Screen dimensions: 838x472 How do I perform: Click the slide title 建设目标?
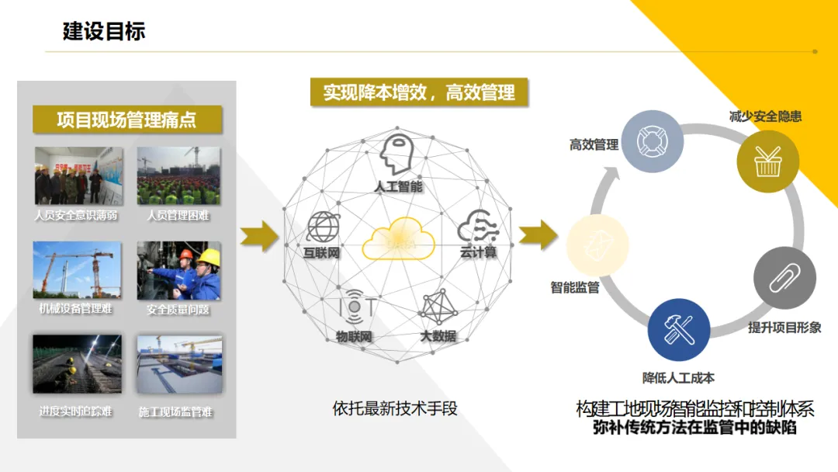click(104, 32)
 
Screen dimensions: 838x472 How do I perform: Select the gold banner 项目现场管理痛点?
click(126, 120)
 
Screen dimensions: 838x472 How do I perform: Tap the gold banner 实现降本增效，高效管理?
click(419, 92)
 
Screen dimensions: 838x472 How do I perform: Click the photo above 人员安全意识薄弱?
click(68, 175)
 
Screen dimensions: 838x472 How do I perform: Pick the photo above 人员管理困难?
click(178, 175)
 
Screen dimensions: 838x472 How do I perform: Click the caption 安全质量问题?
click(178, 310)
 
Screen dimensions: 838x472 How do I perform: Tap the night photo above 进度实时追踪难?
click(77, 364)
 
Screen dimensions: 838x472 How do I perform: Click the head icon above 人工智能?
click(399, 154)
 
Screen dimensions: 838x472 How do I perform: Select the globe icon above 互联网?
click(322, 227)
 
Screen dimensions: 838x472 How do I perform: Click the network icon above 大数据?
click(438, 307)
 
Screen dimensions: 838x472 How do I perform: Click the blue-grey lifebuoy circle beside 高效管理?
click(652, 141)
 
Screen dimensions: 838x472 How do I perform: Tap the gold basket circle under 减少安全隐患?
click(767, 161)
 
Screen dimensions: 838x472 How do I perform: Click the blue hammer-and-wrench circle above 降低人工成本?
click(678, 331)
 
